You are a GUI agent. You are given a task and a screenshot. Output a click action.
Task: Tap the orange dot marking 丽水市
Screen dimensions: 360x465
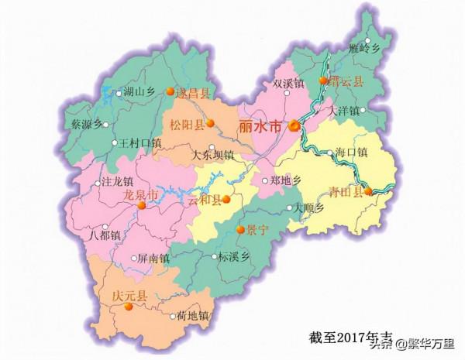pyautogui.click(x=294, y=126)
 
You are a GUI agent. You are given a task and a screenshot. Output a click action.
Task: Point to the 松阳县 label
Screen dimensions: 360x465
pyautogui.click(x=188, y=124)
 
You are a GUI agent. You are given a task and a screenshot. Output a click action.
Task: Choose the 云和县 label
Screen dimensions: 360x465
pyautogui.click(x=205, y=201)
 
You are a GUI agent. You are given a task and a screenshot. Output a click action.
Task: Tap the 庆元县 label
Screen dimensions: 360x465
pyautogui.click(x=114, y=295)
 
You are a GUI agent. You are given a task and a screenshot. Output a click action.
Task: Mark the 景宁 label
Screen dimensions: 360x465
pyautogui.click(x=257, y=230)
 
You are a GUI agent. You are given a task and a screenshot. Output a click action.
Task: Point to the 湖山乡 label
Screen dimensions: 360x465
pyautogui.click(x=139, y=91)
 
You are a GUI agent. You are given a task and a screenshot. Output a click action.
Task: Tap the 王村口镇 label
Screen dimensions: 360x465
pyautogui.click(x=139, y=143)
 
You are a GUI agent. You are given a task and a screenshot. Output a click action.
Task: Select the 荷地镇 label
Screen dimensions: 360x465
pyautogui.click(x=193, y=316)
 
